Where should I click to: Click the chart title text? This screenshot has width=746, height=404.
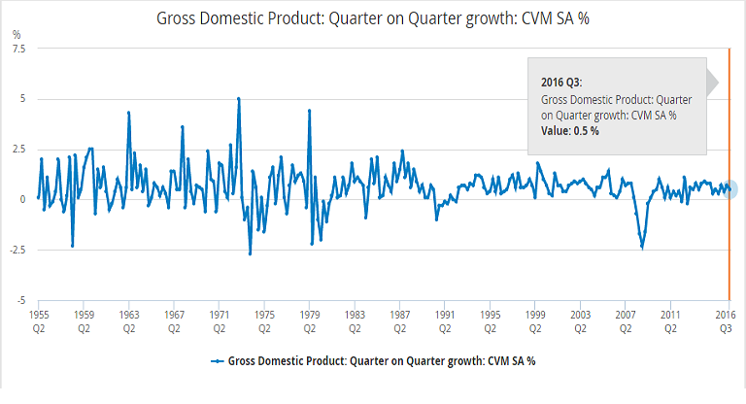(372, 17)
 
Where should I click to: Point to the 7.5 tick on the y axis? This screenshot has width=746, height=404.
(18, 48)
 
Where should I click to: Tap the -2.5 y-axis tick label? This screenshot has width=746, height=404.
(17, 250)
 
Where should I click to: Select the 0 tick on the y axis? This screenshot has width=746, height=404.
(22, 199)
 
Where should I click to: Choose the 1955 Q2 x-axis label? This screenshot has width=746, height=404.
(39, 321)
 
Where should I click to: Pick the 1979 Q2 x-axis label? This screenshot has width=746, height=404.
(309, 321)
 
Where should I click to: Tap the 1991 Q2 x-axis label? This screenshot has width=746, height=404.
(445, 321)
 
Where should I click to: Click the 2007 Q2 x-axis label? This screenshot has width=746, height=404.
(626, 321)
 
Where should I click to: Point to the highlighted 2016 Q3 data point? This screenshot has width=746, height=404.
(729, 189)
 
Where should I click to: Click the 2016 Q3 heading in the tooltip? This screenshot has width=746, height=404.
(561, 84)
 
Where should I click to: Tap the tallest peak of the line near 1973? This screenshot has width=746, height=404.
(239, 98)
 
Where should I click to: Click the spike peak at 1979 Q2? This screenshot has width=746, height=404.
(309, 111)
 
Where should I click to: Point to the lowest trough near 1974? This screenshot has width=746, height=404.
(250, 254)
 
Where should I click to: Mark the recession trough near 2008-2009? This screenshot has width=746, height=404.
(642, 248)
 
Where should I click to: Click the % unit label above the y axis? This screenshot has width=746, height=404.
(16, 34)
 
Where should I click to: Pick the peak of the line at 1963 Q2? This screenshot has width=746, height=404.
(128, 113)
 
